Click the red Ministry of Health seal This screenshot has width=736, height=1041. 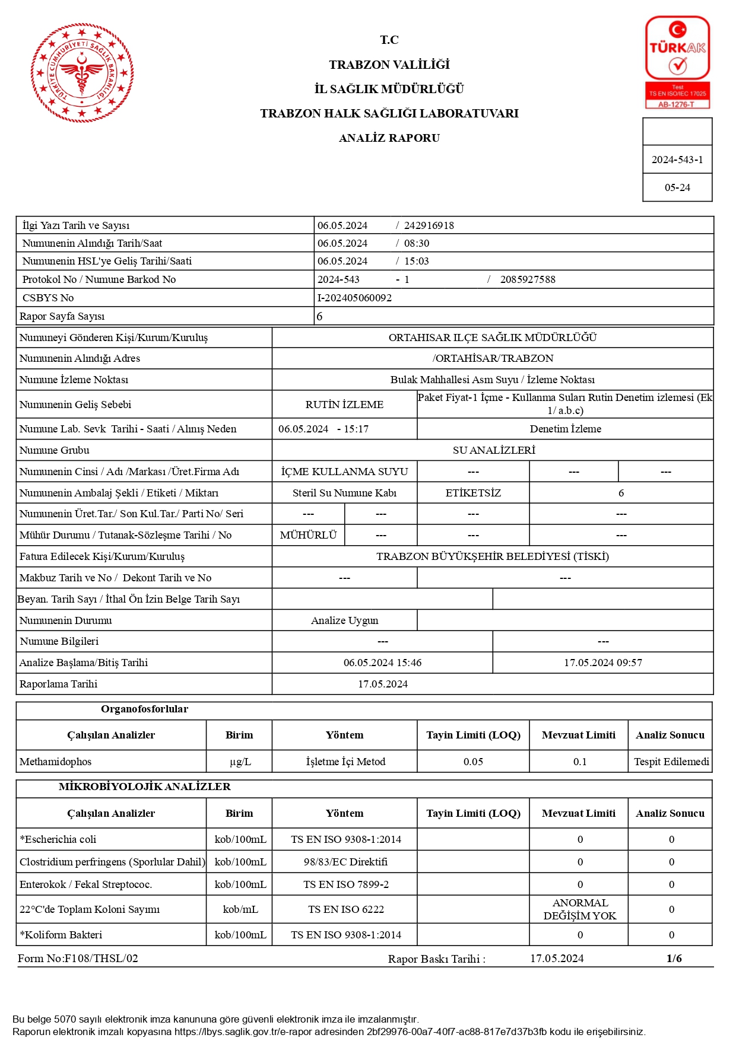tap(82, 73)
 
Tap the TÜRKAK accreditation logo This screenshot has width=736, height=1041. tap(677, 62)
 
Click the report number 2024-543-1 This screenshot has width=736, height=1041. tap(677, 160)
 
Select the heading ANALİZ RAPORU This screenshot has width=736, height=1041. tap(389, 138)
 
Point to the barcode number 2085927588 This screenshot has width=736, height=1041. tap(528, 279)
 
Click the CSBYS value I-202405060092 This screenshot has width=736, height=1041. tap(354, 298)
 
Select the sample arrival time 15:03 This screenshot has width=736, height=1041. tap(417, 261)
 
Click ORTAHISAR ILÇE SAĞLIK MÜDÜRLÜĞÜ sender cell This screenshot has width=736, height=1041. tap(492, 338)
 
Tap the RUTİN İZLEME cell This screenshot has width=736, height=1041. tap(344, 405)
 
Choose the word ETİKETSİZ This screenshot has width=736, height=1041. tap(473, 493)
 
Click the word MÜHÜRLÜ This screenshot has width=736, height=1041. tap(308, 535)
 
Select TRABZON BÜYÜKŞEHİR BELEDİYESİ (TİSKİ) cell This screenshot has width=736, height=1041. tap(492, 556)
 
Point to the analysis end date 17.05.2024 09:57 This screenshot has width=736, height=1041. tap(602, 663)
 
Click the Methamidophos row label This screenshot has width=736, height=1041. tap(56, 762)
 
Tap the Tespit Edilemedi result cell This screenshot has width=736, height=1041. tap(671, 762)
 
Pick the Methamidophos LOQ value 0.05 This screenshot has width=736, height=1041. tap(473, 762)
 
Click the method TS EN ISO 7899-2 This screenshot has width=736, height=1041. tap(346, 884)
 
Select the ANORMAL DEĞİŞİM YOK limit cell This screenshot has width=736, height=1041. tap(579, 909)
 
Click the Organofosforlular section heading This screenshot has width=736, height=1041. tap(144, 709)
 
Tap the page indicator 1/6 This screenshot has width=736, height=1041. tap(674, 959)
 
